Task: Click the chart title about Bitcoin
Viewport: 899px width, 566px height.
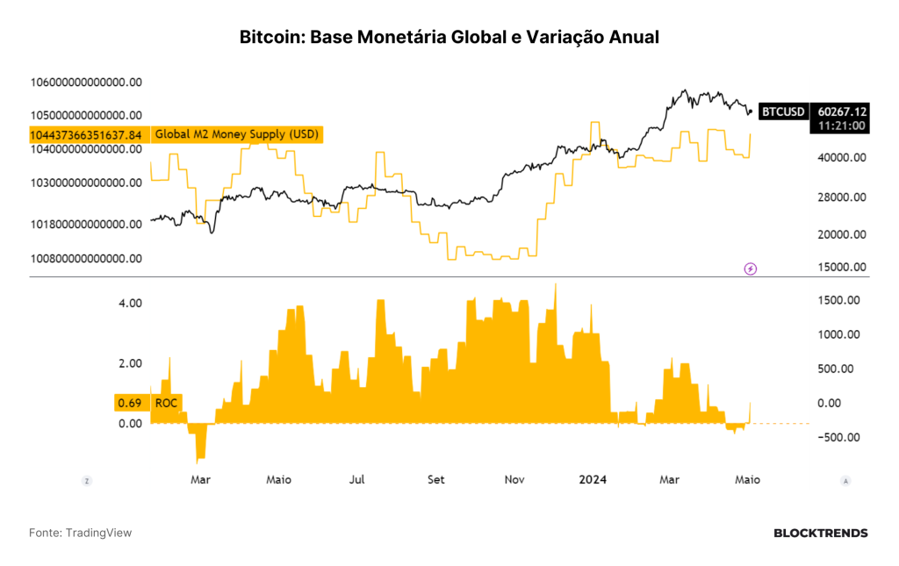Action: pos(449,37)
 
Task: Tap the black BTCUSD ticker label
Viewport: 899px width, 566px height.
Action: pos(783,111)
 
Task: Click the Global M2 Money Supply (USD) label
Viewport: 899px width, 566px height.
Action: pos(237,134)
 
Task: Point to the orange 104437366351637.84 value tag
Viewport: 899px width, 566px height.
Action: pos(86,134)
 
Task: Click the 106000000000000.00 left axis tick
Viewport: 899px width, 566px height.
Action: pos(86,82)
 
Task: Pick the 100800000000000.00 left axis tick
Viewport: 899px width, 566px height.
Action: pos(86,258)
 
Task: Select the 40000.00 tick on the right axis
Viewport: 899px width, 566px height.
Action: pos(842,158)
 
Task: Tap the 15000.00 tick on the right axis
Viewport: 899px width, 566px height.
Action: pos(842,267)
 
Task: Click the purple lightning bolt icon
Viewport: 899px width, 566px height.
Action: pos(750,269)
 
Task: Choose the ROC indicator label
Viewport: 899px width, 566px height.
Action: pos(166,403)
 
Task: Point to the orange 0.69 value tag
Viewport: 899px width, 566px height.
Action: pos(130,403)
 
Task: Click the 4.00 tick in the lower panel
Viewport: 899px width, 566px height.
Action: pos(130,303)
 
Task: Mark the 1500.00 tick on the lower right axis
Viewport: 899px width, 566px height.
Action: pos(838,300)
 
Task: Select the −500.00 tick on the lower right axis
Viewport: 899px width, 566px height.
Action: pos(838,437)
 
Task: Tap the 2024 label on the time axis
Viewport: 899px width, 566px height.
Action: pos(593,479)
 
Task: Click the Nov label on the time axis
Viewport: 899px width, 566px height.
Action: pos(514,479)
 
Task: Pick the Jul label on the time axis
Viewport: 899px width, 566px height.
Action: pos(356,479)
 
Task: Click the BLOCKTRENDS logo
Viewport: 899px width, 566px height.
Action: pos(821,534)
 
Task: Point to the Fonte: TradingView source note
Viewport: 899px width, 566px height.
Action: pos(80,533)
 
